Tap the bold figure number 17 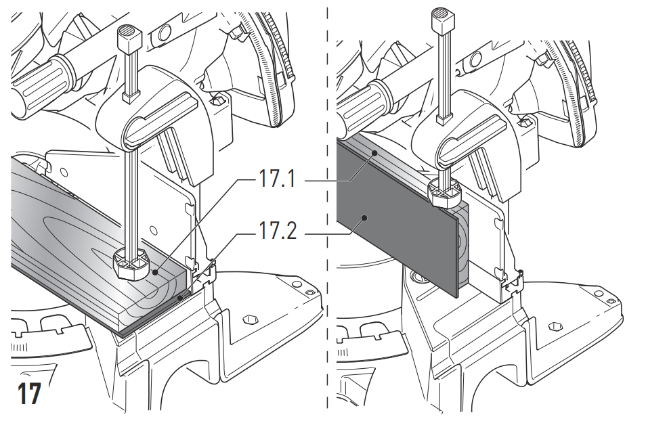coord(29,394)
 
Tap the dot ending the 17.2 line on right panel coord(364,218)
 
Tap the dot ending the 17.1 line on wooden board coord(155,273)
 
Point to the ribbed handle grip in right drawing coord(362,102)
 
